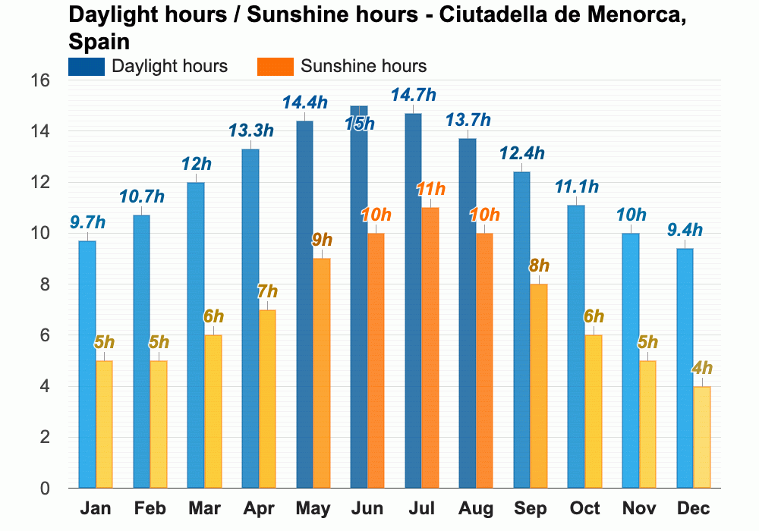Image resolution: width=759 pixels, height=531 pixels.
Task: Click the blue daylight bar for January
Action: coord(87,364)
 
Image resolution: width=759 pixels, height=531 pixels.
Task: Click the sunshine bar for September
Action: coord(539,386)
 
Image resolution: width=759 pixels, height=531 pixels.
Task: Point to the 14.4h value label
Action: coord(304,102)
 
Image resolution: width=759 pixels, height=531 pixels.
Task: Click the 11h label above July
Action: coord(430,190)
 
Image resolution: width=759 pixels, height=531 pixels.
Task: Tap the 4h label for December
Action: coord(702,369)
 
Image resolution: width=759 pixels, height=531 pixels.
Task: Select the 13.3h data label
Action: coord(250,130)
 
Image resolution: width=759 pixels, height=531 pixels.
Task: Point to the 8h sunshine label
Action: coord(539,266)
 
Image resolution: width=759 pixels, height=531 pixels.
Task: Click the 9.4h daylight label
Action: coord(685,230)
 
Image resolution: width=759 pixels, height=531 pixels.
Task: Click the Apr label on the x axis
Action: coord(259,508)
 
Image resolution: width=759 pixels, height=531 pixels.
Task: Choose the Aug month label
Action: coord(476,508)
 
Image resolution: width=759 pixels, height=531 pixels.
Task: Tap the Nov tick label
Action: coord(639,508)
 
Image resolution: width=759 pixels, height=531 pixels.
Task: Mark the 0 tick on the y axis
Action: coord(46,489)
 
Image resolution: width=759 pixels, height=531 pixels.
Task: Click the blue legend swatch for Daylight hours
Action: coord(86,66)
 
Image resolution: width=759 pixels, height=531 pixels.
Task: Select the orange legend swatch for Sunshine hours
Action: coord(275,66)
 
